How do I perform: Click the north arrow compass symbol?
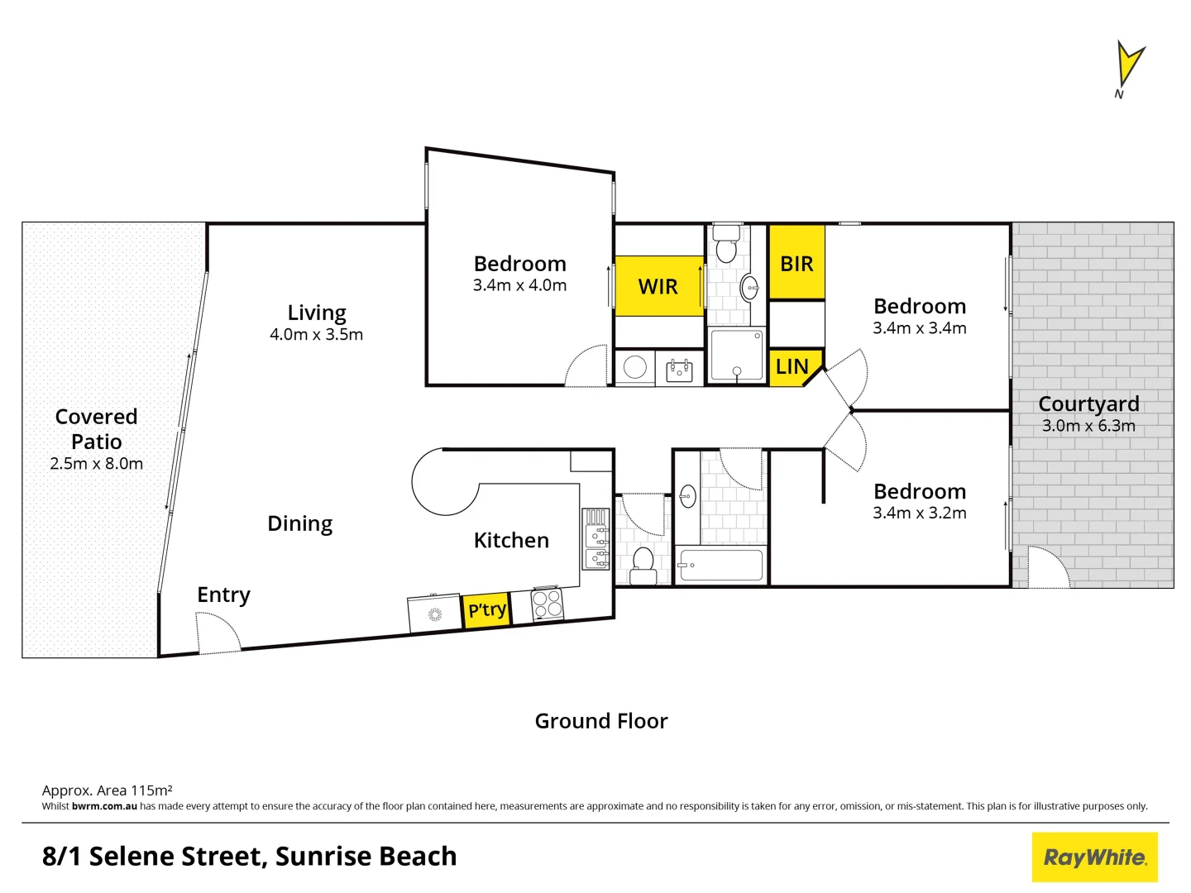click(1128, 65)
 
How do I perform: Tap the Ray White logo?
click(1094, 857)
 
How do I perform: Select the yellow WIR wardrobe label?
click(658, 286)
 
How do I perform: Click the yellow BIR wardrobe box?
click(796, 263)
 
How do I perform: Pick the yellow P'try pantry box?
click(486, 610)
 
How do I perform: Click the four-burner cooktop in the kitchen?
click(547, 604)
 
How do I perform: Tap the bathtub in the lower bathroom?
click(720, 566)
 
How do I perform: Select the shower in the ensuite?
click(736, 356)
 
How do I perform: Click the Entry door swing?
click(217, 633)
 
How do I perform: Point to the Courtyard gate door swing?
click(1048, 568)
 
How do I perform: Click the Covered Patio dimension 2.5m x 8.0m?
click(96, 464)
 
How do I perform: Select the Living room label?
click(317, 313)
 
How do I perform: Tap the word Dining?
click(299, 523)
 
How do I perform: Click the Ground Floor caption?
click(601, 721)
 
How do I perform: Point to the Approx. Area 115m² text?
click(107, 790)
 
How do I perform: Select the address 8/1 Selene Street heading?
click(249, 857)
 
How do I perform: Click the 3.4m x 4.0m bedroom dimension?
click(519, 285)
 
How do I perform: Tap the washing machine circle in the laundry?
click(635, 367)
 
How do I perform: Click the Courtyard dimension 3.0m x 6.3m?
click(1088, 426)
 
